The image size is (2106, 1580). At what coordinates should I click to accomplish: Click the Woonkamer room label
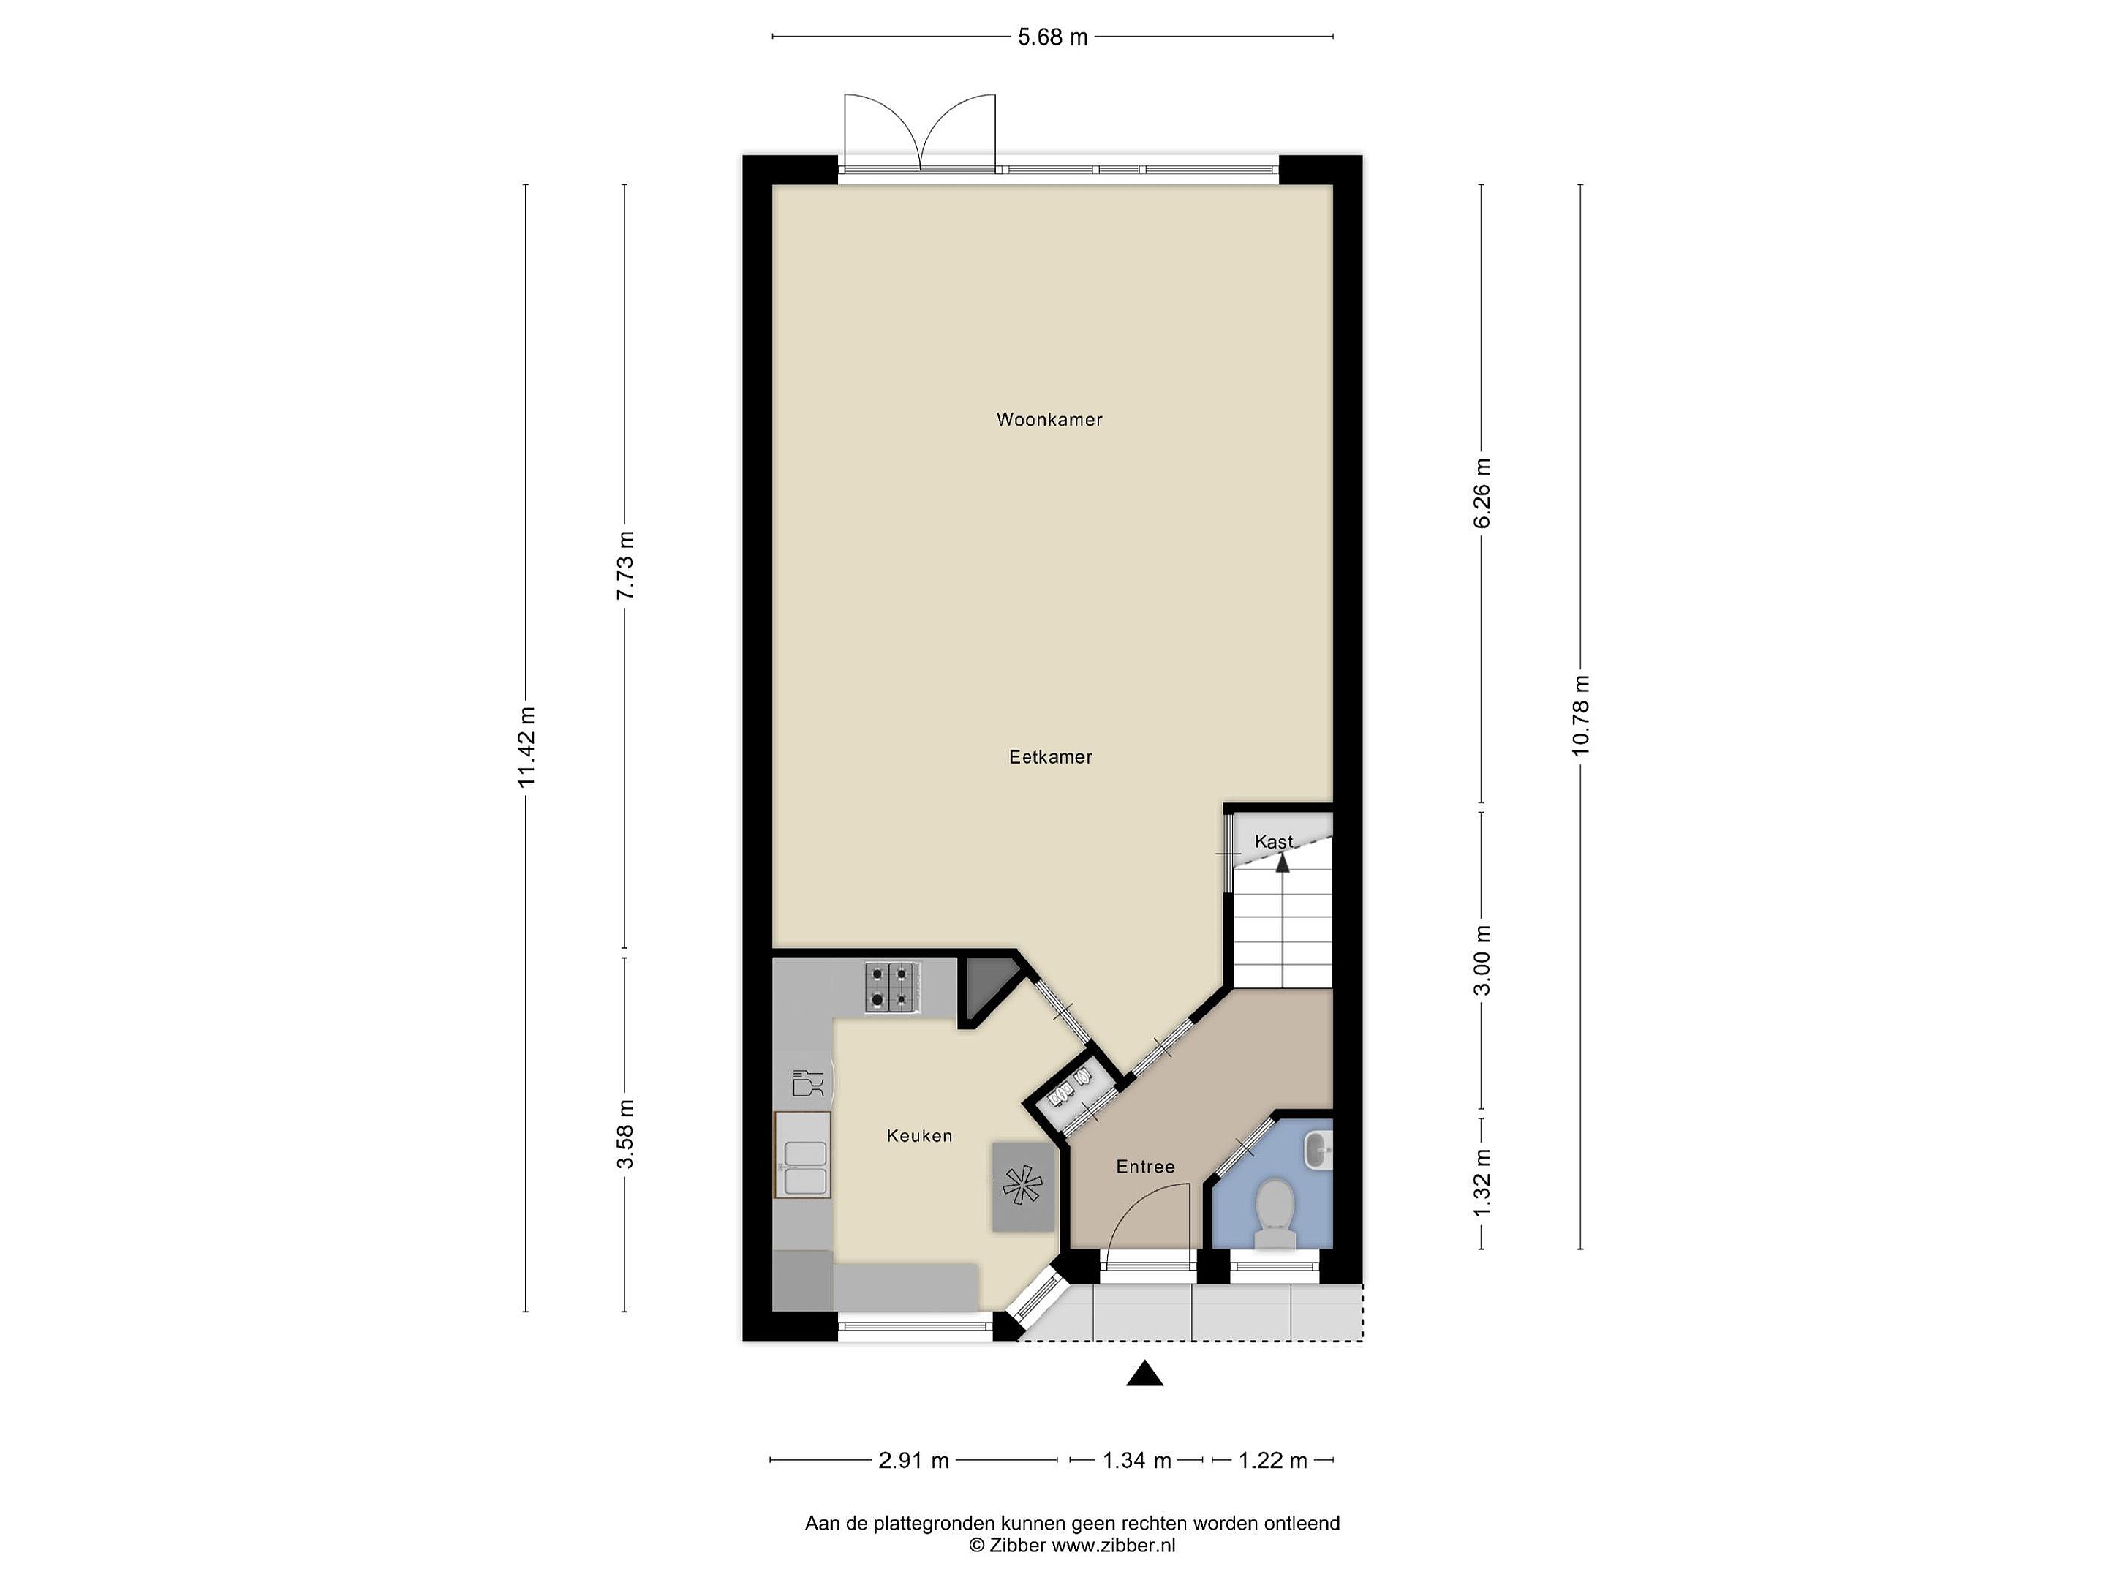click(x=1049, y=420)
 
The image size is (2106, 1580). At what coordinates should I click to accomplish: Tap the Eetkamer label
click(x=1050, y=757)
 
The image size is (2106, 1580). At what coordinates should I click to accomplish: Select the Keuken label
click(x=918, y=1135)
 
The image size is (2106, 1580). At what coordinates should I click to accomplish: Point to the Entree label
click(x=1145, y=1167)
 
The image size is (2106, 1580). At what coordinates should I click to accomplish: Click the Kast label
click(x=1274, y=842)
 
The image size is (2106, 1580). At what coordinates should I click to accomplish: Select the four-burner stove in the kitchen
click(x=893, y=987)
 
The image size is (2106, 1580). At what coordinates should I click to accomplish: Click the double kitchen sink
click(x=803, y=1154)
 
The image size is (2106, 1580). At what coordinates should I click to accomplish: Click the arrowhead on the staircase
click(x=1283, y=863)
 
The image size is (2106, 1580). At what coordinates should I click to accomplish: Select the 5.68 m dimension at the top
click(x=1052, y=37)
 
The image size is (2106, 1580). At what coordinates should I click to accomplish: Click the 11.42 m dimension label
click(x=526, y=747)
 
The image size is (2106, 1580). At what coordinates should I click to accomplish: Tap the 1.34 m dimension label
click(x=1137, y=1460)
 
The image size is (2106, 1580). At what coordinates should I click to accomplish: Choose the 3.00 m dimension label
click(x=1482, y=960)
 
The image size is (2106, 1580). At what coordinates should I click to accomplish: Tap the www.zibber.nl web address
click(x=1113, y=1546)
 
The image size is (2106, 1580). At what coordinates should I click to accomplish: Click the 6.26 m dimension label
click(x=1482, y=493)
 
